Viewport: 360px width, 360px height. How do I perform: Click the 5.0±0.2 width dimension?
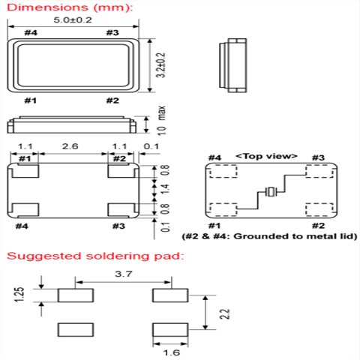[73, 20]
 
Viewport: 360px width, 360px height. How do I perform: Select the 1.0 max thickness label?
[162, 121]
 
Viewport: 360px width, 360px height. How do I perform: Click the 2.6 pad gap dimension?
[70, 146]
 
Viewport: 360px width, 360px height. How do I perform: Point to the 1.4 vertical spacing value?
[166, 190]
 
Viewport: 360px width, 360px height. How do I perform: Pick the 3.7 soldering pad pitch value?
[124, 274]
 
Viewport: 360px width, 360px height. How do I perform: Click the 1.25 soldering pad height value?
[19, 295]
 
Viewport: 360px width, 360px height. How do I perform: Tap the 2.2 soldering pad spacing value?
[225, 314]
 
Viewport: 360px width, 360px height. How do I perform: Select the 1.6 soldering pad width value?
[172, 352]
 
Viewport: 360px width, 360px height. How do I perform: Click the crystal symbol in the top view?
[271, 192]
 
